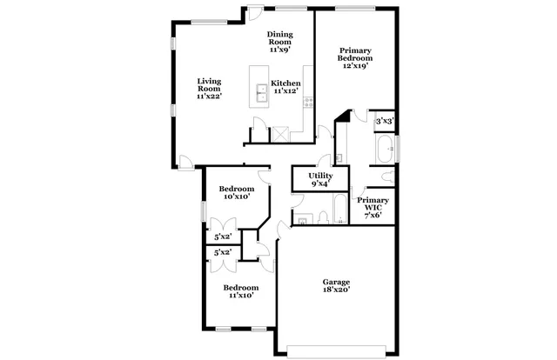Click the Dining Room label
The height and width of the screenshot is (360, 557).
coord(279,42)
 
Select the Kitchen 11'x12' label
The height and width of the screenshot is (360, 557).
coord(286,87)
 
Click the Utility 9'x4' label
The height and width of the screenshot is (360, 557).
coord(319,179)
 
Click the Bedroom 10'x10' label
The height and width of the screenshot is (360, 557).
coord(236,193)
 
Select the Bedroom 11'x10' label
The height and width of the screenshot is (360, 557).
coord(240,291)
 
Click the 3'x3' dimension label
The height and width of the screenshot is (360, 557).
coord(384,123)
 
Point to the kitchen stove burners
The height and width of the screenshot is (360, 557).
coord(307,103)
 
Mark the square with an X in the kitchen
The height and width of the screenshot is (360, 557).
coord(280,133)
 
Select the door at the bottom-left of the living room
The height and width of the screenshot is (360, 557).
coord(185,159)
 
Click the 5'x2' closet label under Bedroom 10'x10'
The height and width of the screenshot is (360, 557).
coord(222,237)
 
